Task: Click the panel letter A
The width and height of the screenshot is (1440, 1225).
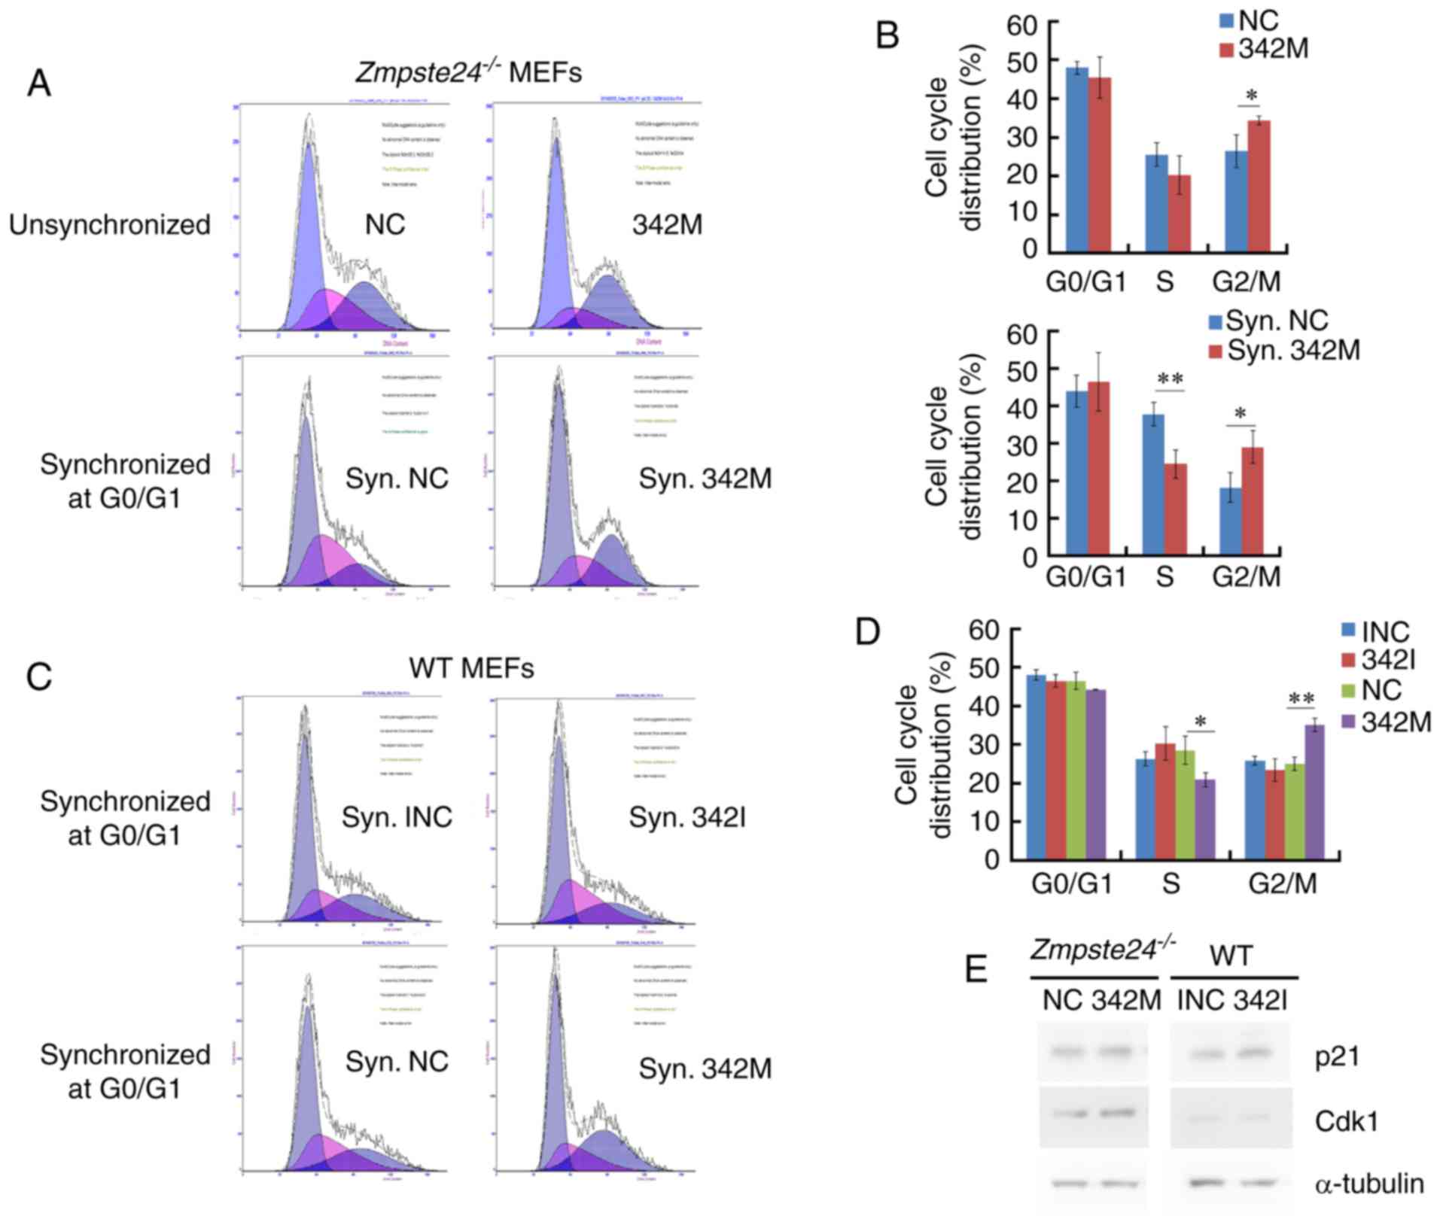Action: (38, 83)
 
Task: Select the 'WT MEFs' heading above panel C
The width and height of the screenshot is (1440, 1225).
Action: (471, 667)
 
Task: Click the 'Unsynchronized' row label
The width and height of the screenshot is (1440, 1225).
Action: (110, 225)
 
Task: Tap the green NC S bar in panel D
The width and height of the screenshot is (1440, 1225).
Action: (1186, 804)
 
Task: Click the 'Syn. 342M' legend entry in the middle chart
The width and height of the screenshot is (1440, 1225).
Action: (1286, 350)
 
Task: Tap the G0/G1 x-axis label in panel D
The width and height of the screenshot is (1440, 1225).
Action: (1070, 883)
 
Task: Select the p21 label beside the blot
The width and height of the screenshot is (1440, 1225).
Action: (1338, 1056)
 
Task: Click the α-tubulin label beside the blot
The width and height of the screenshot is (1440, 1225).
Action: (1369, 1184)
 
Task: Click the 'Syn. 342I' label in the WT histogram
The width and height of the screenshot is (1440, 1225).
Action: (687, 817)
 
